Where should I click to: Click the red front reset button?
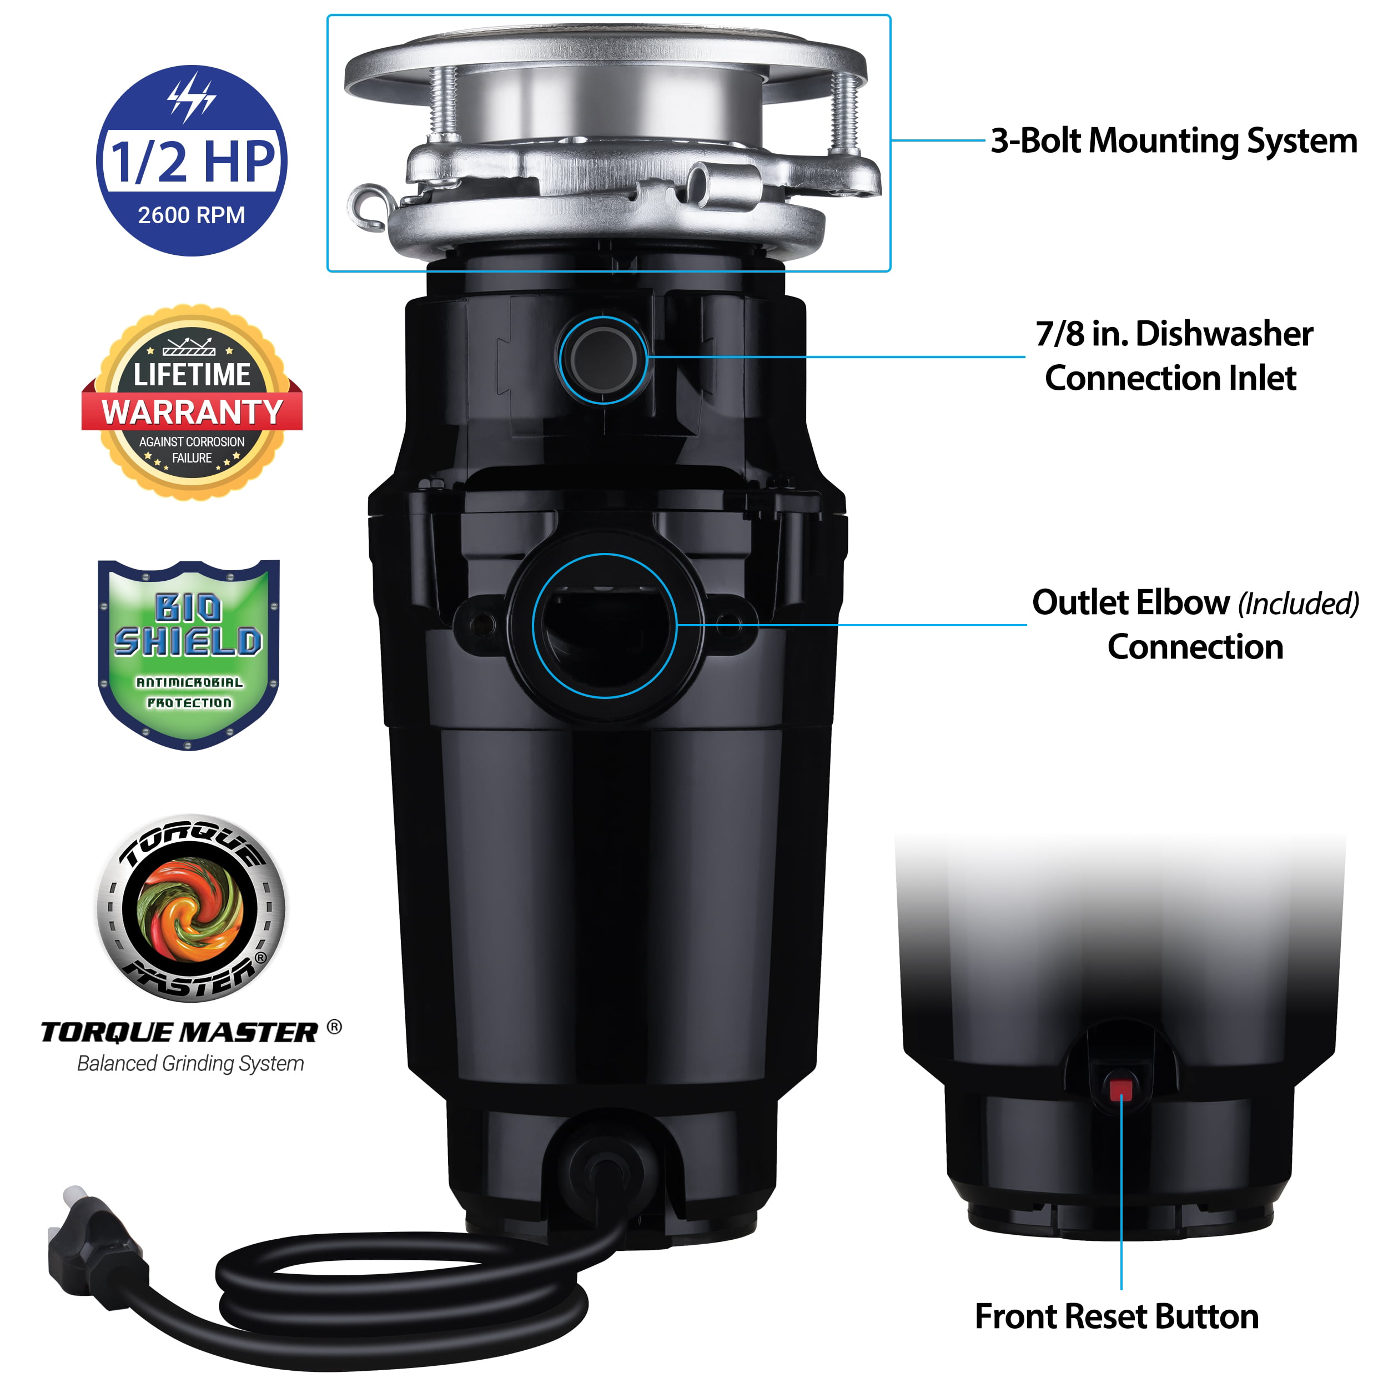(1120, 1090)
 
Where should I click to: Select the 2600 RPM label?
(191, 215)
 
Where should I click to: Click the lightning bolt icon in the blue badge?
(191, 97)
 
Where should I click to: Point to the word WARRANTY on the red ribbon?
(192, 413)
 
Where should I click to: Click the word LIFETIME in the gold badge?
(192, 374)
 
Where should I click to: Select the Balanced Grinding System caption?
(190, 1063)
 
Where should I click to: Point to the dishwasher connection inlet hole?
(604, 359)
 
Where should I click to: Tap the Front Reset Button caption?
(1117, 1316)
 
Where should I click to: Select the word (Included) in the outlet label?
(1298, 604)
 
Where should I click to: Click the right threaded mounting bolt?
(845, 112)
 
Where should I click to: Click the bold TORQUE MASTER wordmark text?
(179, 1032)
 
